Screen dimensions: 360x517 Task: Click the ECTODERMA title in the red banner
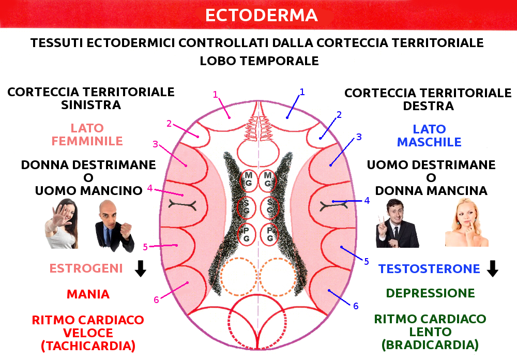point(261,15)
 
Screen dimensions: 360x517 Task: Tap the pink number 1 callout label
point(216,94)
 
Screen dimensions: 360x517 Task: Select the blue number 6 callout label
point(356,306)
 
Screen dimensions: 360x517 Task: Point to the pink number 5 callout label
point(145,247)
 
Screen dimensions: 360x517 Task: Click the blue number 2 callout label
point(339,115)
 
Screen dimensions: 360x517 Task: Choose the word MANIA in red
point(88,294)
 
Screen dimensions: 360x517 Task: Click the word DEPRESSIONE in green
point(430,293)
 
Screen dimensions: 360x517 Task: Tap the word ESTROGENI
point(86,268)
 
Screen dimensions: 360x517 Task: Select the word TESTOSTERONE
point(429,269)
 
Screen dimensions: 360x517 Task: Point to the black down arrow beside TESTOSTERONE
point(492,268)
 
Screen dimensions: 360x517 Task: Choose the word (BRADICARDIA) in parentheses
point(430,344)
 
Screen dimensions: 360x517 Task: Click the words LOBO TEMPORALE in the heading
point(259,61)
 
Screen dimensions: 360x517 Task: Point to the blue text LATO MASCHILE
point(429,136)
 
